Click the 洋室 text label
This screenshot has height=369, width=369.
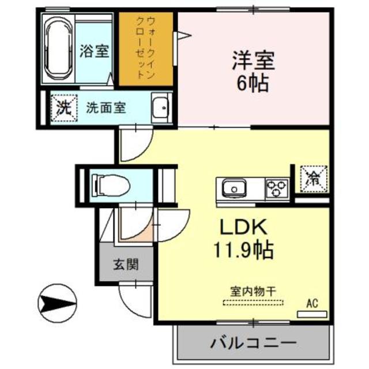(253, 59)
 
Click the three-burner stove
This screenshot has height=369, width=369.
(276, 188)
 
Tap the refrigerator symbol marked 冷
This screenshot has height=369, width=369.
(312, 177)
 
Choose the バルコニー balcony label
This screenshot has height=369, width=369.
(254, 342)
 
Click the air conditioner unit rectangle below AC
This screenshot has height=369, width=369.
(311, 314)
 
